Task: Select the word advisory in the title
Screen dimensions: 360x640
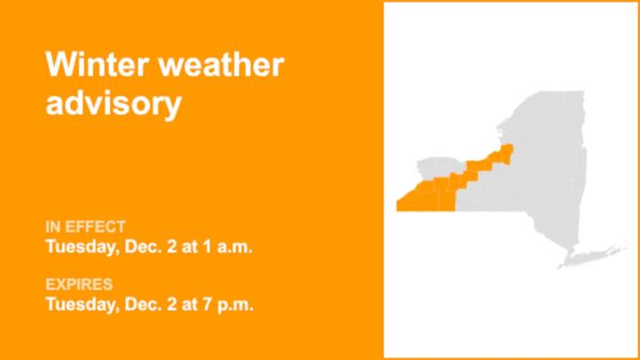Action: click(113, 103)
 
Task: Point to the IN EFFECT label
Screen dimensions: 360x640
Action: click(85, 227)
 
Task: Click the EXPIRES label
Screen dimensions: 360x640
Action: click(79, 284)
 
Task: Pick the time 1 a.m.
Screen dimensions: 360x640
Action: click(230, 246)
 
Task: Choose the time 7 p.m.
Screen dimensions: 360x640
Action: click(230, 305)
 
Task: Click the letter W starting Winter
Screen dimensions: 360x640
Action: click(59, 65)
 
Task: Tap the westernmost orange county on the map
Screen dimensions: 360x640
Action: click(411, 200)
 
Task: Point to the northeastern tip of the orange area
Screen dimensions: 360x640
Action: click(509, 149)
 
